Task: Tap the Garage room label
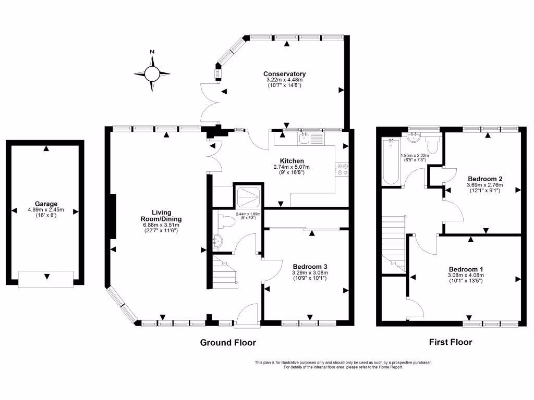tap(46, 204)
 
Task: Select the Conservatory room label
tap(284, 74)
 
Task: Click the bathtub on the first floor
tap(391, 161)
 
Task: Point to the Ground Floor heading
tap(228, 343)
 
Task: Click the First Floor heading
tap(450, 342)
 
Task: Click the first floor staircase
tap(394, 242)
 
